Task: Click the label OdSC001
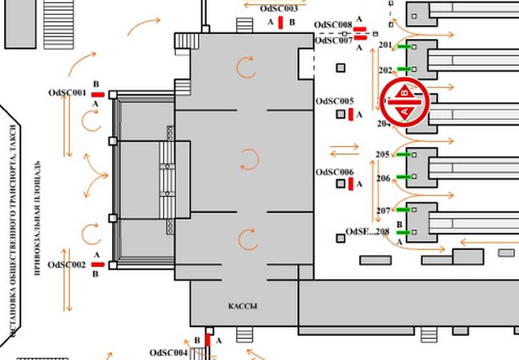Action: (67, 93)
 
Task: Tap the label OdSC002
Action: (67, 265)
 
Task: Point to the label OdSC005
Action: (334, 102)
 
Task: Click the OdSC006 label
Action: (334, 173)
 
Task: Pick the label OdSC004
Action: (168, 353)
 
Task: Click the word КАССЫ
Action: (243, 306)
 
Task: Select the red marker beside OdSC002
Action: (97, 265)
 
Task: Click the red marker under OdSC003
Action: (280, 23)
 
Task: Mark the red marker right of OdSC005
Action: (351, 115)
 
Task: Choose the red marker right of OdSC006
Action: (351, 184)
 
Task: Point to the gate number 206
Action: (383, 178)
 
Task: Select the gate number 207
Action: (383, 211)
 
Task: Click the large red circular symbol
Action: (405, 102)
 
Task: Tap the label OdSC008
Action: (333, 25)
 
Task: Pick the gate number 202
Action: (385, 70)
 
